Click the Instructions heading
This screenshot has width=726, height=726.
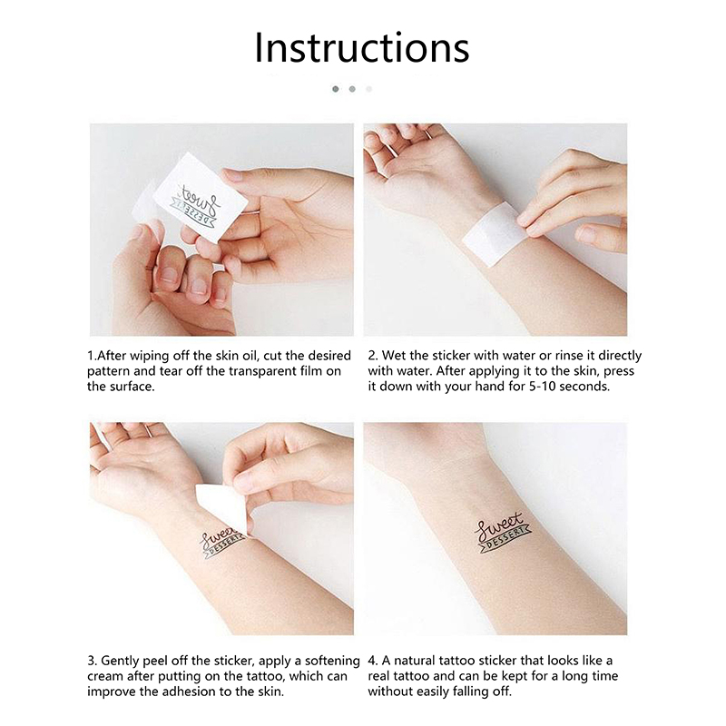click(362, 48)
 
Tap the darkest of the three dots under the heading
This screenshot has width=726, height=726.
click(336, 89)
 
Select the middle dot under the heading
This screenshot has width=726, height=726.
click(352, 89)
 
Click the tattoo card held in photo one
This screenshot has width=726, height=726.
click(200, 198)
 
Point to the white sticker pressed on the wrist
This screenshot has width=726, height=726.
click(492, 234)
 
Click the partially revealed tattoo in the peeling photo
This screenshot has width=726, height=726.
click(221, 543)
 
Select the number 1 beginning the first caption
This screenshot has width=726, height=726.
click(90, 356)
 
